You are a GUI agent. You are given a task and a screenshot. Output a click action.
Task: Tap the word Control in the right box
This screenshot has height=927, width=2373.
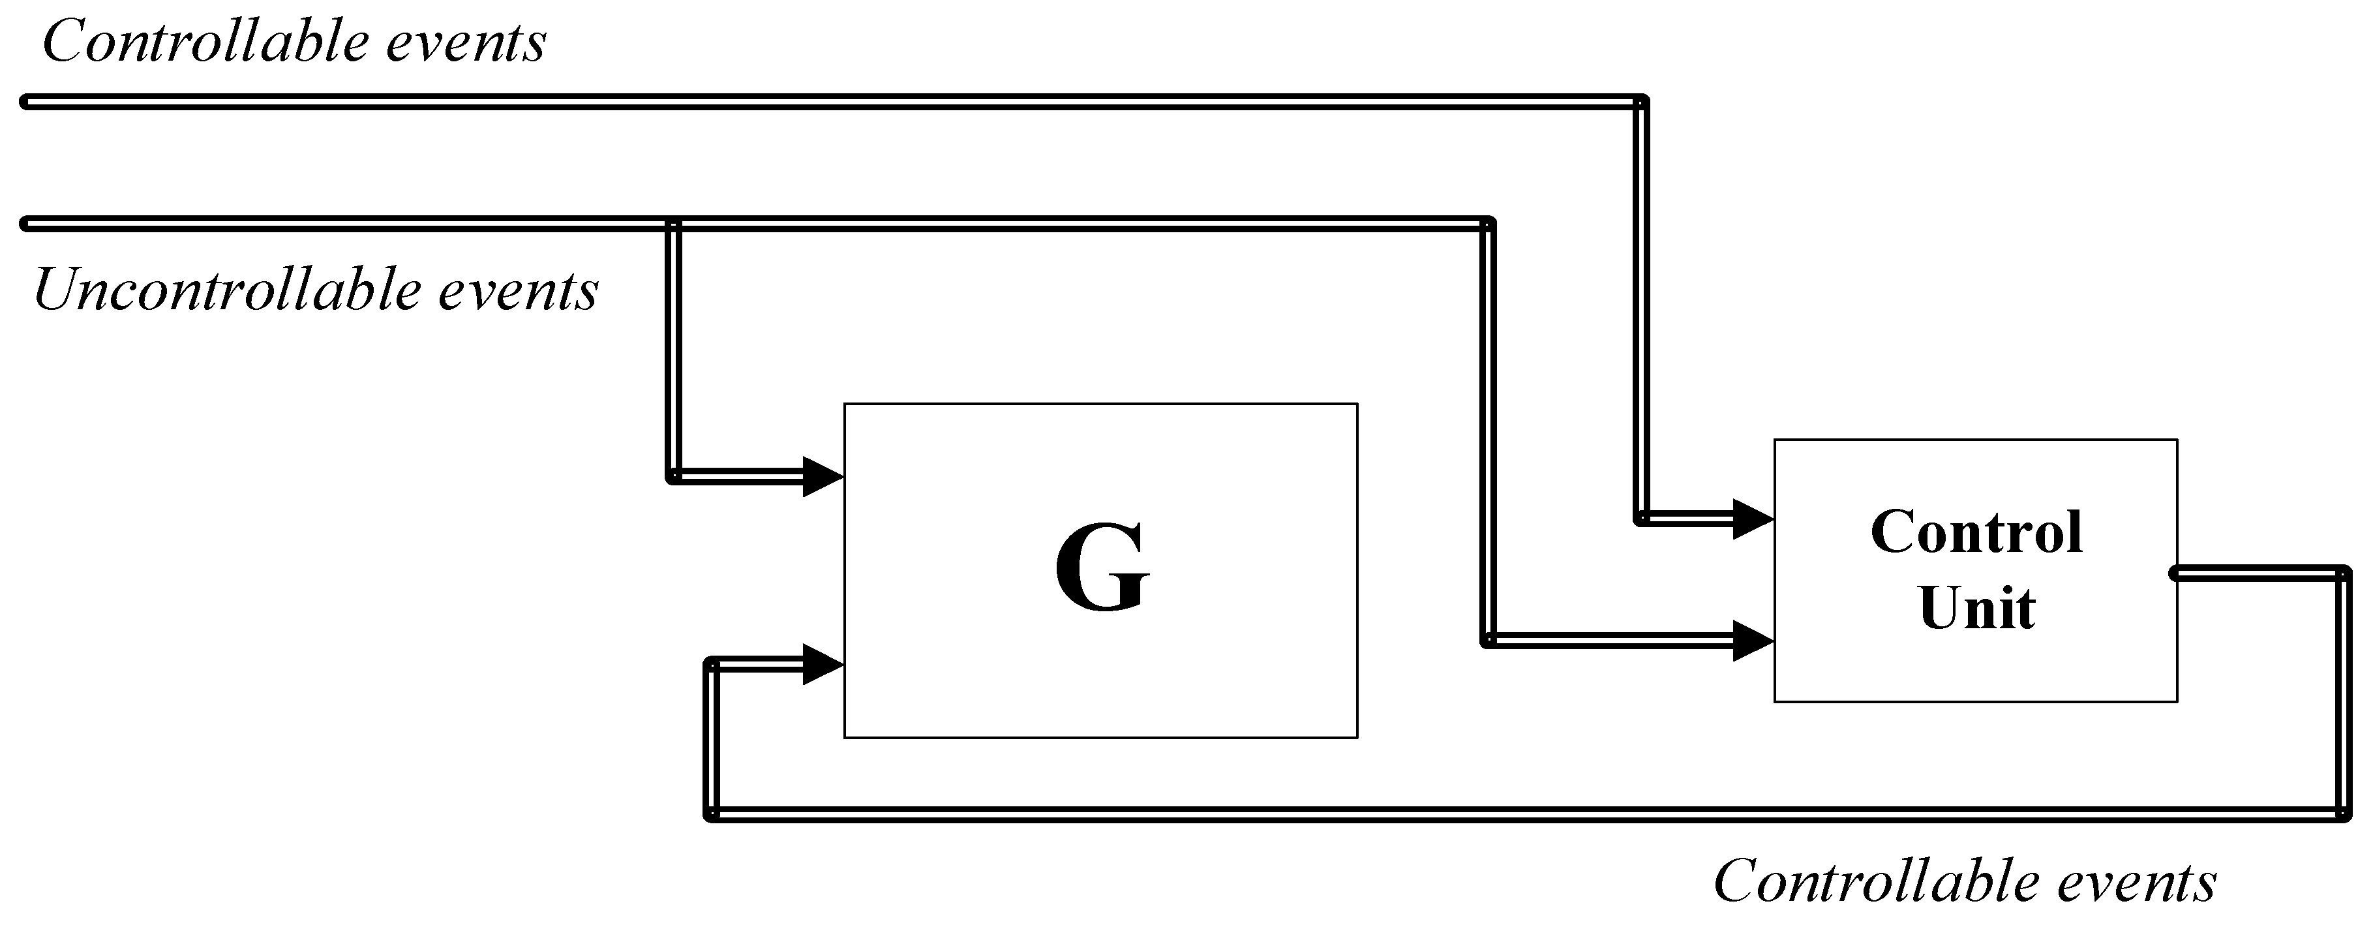click(x=1976, y=532)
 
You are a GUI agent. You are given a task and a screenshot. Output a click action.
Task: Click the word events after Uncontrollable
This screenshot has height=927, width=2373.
click(x=518, y=290)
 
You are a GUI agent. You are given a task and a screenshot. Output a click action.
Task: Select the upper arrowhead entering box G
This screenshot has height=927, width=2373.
click(x=823, y=476)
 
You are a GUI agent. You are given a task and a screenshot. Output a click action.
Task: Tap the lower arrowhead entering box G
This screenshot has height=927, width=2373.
click(x=823, y=664)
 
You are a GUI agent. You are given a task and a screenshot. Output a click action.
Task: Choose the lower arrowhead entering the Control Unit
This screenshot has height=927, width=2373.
click(x=1753, y=641)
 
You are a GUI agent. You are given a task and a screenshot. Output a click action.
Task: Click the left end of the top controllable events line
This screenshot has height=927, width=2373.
click(x=26, y=101)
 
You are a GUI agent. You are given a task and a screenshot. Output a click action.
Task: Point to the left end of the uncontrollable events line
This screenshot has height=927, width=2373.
click(x=26, y=224)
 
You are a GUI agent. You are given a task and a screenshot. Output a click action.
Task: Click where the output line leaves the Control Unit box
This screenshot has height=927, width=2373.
click(x=2176, y=574)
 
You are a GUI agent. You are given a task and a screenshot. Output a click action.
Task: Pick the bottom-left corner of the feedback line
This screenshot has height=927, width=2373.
click(x=711, y=815)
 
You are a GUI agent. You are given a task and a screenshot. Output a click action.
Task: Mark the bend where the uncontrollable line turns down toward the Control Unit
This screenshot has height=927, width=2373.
click(x=1488, y=224)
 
